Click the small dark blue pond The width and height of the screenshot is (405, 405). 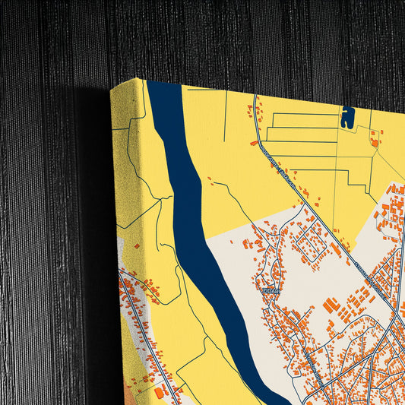click(348, 117)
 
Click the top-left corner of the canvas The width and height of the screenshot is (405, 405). click(112, 89)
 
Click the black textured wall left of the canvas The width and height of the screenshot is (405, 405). click(46, 228)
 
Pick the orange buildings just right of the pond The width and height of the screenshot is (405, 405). click(374, 138)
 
